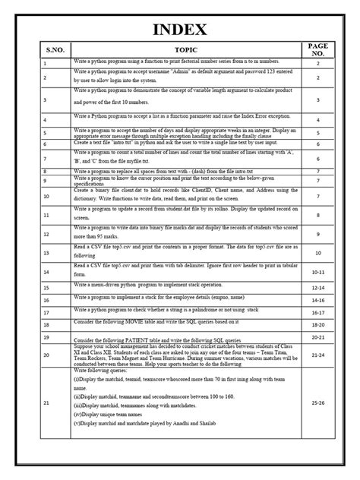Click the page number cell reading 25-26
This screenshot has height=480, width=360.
point(318,403)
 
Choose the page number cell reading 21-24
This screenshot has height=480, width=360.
point(318,355)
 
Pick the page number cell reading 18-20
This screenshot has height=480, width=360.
point(318,324)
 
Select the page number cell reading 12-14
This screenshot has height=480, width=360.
point(318,289)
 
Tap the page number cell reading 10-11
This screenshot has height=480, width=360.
point(318,270)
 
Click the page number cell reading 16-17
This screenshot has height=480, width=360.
point(318,311)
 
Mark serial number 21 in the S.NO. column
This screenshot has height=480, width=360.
point(46,403)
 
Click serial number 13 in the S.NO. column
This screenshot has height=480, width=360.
point(46,254)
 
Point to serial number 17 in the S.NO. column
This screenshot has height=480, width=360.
point(46,311)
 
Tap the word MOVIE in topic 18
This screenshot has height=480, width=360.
point(161,322)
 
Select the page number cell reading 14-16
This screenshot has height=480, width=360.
point(318,300)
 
